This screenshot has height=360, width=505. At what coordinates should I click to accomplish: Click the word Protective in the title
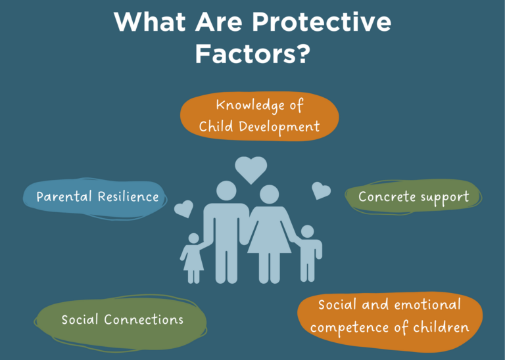[321, 22]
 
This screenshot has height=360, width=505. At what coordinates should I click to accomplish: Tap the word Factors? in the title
[252, 54]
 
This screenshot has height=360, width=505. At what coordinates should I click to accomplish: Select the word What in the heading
[150, 22]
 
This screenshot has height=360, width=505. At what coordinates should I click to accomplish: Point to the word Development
[279, 127]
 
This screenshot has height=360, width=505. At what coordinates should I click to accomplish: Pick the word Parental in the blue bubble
[64, 197]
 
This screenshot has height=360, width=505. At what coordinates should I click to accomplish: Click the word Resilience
[128, 196]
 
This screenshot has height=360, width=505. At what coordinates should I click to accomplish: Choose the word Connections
[143, 319]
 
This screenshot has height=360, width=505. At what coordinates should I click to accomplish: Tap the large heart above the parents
[251, 169]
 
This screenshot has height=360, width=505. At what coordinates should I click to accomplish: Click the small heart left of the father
[184, 208]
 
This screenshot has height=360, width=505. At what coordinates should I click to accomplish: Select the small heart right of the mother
[321, 191]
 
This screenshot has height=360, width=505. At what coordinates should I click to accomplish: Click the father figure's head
[226, 191]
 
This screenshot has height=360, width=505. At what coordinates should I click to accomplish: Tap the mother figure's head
[269, 194]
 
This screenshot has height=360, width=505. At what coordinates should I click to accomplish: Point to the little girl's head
[193, 238]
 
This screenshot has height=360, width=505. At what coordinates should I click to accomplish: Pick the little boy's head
[308, 232]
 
